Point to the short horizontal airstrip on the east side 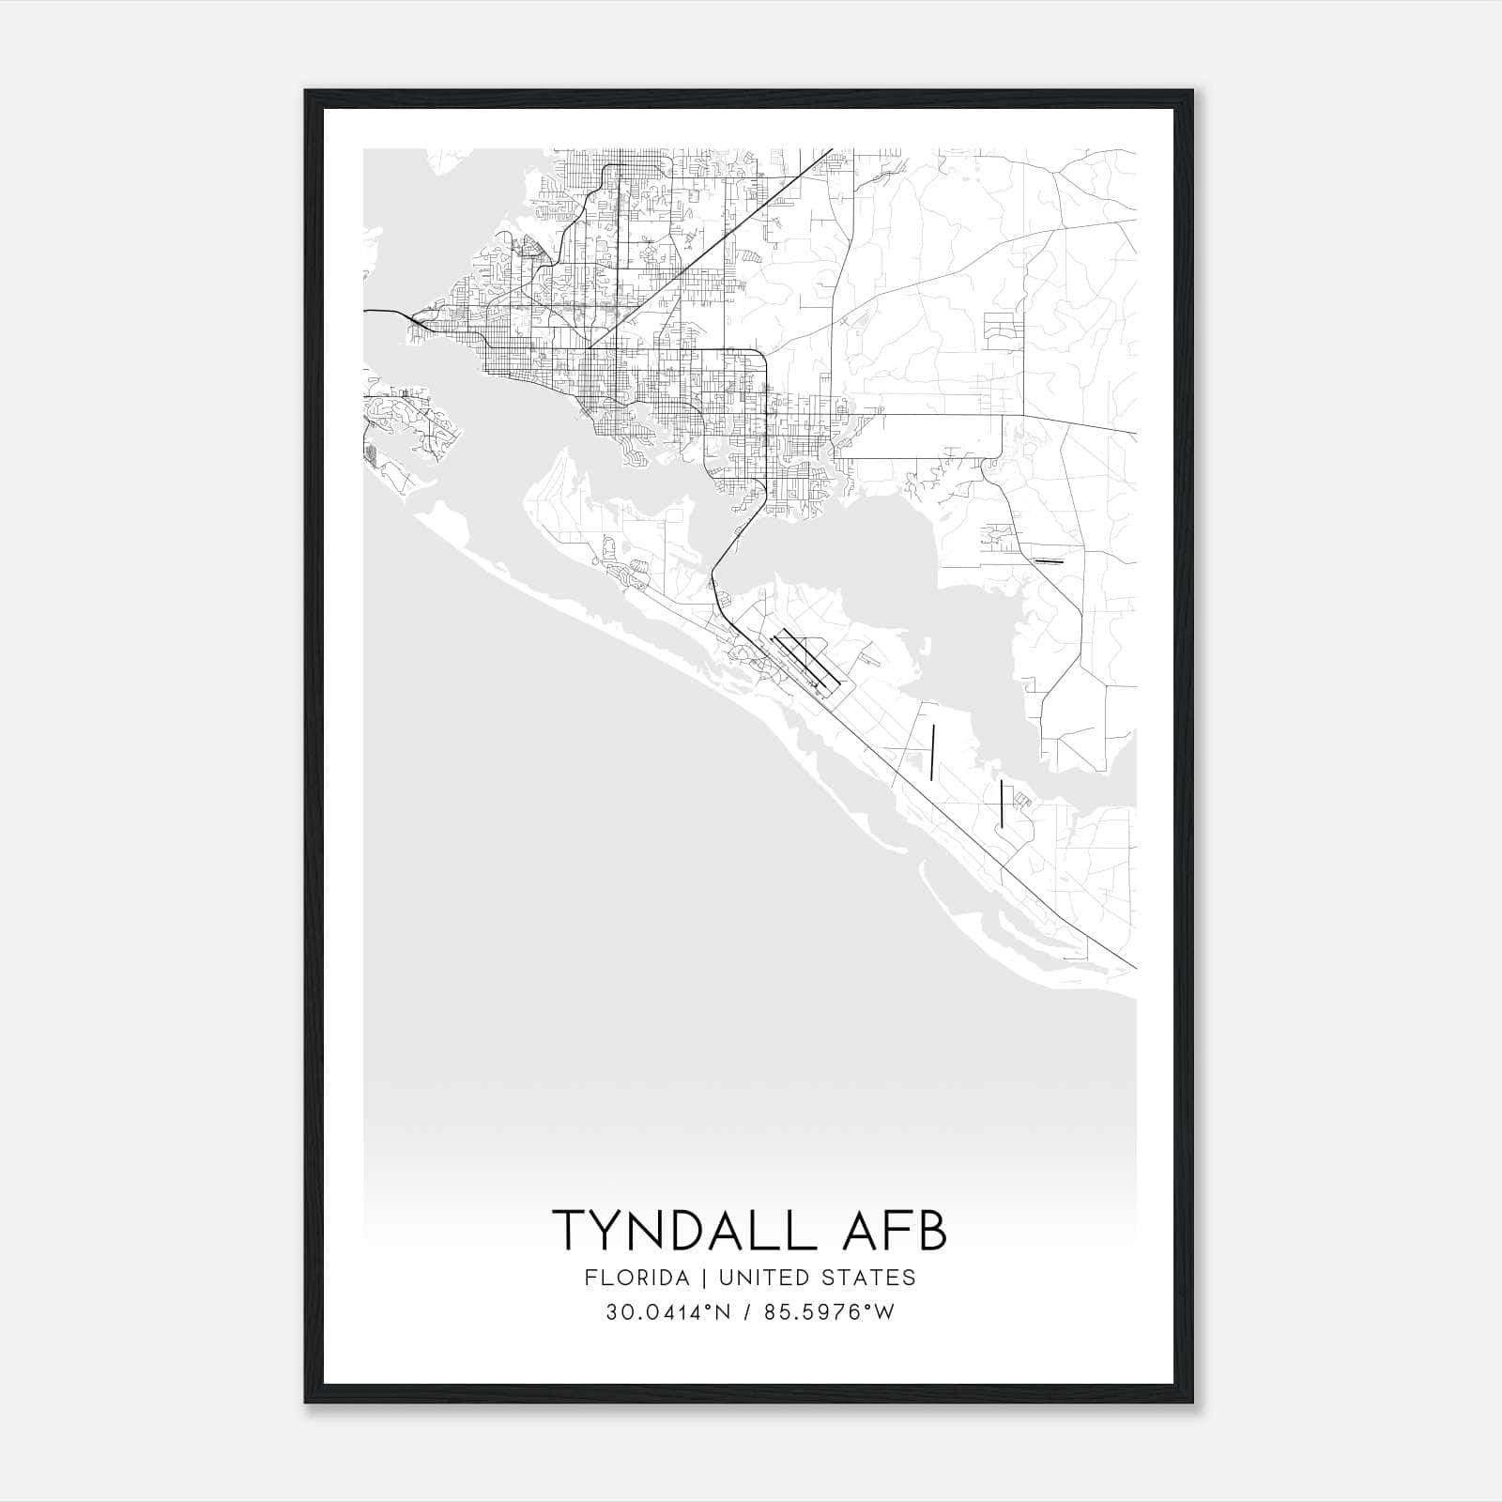1047,561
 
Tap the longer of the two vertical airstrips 933,752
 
